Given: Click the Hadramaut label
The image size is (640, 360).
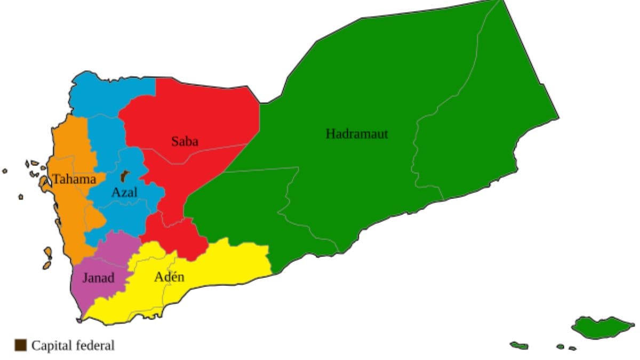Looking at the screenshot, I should [x=356, y=134].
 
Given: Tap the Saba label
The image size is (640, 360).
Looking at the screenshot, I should [x=185, y=141].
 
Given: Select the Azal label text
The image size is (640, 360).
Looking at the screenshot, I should [x=124, y=193].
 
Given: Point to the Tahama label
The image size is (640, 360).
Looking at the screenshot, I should [x=74, y=179].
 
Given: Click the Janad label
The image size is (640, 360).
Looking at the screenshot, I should [x=98, y=277].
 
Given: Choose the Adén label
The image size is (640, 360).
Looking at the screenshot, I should [x=169, y=277].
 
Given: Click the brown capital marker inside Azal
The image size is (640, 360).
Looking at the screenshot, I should [x=125, y=176].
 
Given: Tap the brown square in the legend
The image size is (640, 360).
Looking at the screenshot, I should [x=20, y=345].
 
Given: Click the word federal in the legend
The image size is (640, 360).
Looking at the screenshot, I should [x=97, y=346].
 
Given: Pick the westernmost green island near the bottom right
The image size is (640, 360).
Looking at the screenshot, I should [x=519, y=346].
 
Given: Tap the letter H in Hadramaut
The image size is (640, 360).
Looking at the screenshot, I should [x=330, y=134].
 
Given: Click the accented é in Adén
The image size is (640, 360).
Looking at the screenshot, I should [x=174, y=277].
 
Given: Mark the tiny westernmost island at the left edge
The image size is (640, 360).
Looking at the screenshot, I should [x=5, y=171].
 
